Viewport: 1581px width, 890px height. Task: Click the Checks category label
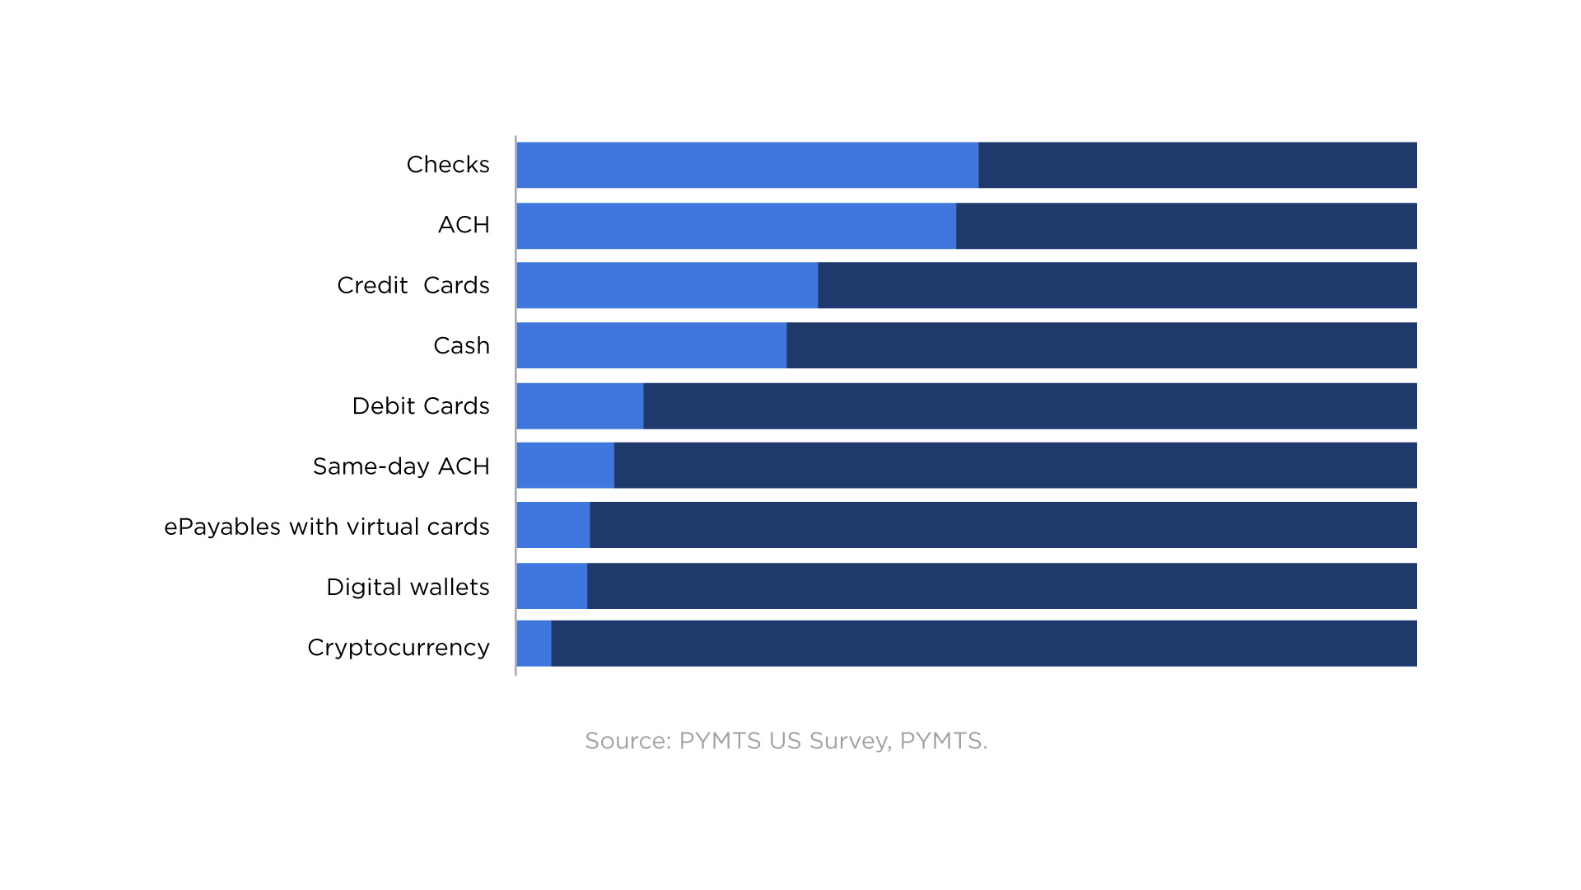(448, 165)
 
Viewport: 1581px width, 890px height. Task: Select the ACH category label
(464, 225)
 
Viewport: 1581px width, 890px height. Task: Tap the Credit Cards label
(413, 285)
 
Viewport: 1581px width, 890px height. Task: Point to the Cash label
(461, 345)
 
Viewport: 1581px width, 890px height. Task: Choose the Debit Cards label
(420, 405)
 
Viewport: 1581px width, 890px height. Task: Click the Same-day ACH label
(401, 466)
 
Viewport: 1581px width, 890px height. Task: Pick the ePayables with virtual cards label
(327, 527)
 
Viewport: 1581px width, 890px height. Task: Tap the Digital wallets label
(408, 587)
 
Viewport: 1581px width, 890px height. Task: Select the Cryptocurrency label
(399, 648)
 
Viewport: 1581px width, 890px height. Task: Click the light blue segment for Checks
(748, 165)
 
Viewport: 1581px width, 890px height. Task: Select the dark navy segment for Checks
(1197, 165)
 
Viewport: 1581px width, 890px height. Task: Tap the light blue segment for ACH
(736, 226)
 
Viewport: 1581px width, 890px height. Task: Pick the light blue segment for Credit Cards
(667, 285)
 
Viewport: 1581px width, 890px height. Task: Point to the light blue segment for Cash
(651, 345)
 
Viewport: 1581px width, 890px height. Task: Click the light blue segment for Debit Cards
(580, 405)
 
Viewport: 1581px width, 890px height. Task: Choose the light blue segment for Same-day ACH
(565, 466)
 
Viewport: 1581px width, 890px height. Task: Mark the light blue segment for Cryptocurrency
(534, 644)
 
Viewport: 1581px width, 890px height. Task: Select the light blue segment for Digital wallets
(552, 586)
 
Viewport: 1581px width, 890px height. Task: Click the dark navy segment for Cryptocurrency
(984, 644)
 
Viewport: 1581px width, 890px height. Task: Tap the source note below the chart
(786, 741)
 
